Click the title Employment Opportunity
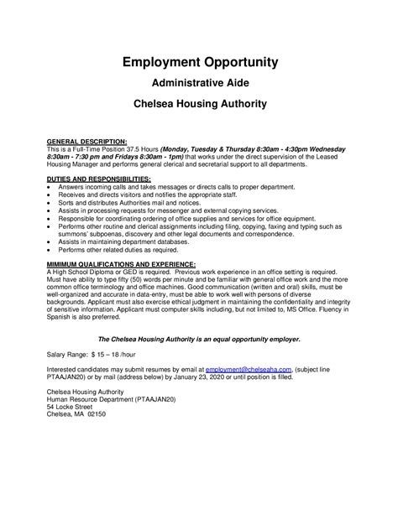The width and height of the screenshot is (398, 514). (199, 63)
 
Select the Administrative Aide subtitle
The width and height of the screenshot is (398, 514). (199, 84)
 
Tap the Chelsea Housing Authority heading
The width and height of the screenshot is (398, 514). (199, 105)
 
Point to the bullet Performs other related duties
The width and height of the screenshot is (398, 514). (117, 249)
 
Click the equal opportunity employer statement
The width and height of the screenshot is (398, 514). (199, 340)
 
